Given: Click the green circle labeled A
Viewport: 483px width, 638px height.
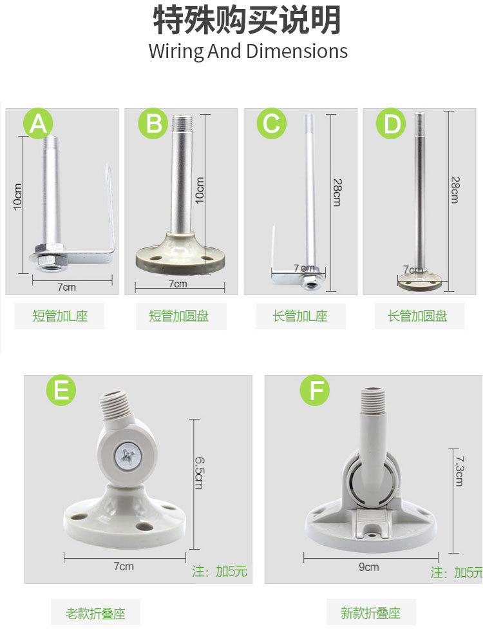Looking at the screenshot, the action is click(38, 123).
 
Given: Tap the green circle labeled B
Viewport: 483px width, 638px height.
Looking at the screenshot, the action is click(153, 123).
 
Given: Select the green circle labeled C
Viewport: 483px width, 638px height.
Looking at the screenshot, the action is click(272, 123).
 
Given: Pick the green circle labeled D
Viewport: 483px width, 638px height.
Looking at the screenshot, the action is click(391, 124).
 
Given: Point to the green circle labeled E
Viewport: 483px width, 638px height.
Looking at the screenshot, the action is click(61, 390).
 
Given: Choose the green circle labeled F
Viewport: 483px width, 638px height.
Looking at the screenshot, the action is click(315, 390).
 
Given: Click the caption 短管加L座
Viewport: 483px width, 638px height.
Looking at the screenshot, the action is click(60, 316).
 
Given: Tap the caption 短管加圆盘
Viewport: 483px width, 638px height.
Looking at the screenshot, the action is click(179, 316).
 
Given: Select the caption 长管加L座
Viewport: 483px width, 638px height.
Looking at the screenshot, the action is click(300, 316).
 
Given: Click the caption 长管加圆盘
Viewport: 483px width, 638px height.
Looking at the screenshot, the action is click(417, 316).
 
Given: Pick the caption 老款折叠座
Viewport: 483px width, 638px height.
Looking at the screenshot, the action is click(95, 614).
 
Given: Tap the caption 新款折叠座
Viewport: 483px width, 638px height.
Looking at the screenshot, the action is click(370, 613).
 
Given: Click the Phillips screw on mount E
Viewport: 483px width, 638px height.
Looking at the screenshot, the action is click(128, 458).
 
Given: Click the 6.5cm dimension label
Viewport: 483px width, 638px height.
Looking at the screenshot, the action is click(199, 473).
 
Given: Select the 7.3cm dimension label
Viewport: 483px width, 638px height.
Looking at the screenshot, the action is click(459, 471).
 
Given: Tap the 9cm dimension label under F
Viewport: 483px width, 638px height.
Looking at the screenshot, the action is click(369, 567).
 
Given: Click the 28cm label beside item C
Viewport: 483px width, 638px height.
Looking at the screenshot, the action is click(337, 192).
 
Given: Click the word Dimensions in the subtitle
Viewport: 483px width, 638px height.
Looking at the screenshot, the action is click(297, 52).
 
